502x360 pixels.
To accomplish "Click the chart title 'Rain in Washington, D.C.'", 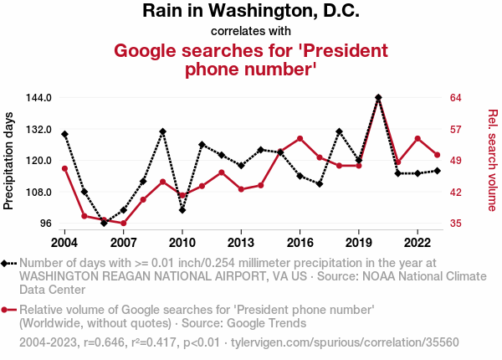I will (251, 12).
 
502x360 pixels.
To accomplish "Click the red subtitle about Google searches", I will (251, 60).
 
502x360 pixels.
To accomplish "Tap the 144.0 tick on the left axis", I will (39, 98).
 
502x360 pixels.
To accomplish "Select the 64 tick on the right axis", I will (456, 98).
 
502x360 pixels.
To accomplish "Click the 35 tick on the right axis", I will (456, 224).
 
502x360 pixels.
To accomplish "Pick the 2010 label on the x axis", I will (182, 243).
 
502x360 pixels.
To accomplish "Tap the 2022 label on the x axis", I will (417, 243).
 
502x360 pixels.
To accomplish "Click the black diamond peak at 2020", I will (378, 98).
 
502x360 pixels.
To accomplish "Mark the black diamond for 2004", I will (64, 134).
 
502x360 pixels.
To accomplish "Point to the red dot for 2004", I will (64, 169).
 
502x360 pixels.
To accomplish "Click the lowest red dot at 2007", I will (123, 224).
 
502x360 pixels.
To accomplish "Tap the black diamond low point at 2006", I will (104, 223).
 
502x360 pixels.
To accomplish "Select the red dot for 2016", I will (300, 138).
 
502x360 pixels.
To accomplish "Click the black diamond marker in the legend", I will (8, 263).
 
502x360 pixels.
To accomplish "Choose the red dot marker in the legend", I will (8, 310).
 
